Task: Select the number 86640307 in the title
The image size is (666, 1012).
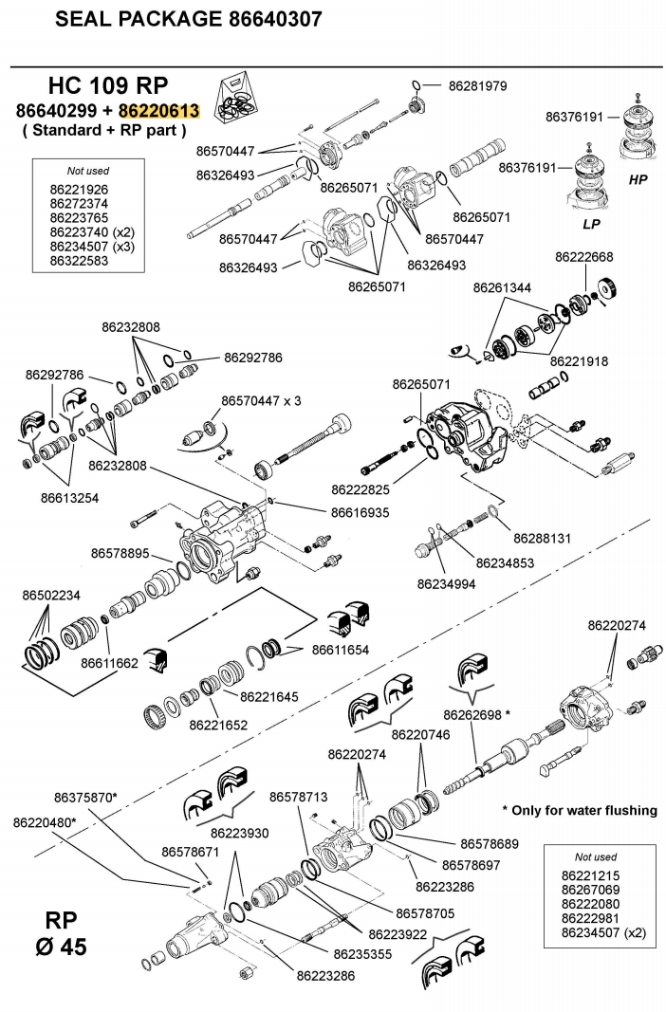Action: point(275,19)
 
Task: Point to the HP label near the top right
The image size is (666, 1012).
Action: point(638,178)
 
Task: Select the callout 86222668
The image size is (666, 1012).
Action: point(584,256)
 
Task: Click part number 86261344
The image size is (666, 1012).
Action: point(502,286)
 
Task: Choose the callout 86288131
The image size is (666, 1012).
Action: point(542,538)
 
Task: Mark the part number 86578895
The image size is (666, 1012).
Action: point(120,553)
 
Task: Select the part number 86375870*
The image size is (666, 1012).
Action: point(85,798)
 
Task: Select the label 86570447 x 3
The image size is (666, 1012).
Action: point(261,401)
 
